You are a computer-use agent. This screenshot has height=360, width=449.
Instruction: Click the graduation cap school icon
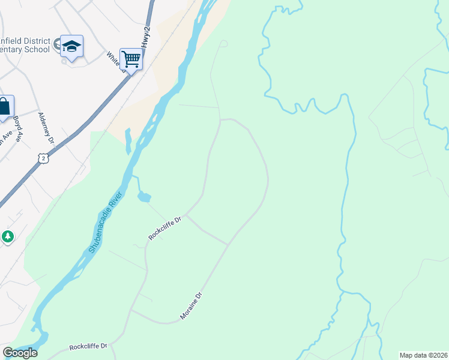tap(71, 46)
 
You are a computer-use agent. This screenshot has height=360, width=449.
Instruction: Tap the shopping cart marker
tap(131, 59)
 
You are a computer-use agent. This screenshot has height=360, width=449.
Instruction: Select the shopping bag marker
tap(4, 106)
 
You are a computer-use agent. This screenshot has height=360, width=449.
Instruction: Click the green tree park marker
tap(8, 236)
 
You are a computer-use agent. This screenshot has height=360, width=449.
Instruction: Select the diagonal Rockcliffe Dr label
tap(165, 229)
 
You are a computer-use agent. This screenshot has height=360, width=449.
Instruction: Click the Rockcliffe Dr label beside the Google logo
tap(88, 347)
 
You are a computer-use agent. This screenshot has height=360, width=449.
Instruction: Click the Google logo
tap(20, 353)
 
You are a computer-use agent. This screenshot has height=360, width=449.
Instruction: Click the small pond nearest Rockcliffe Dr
tap(144, 196)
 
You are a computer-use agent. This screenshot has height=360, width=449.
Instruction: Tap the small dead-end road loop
tap(223, 43)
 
